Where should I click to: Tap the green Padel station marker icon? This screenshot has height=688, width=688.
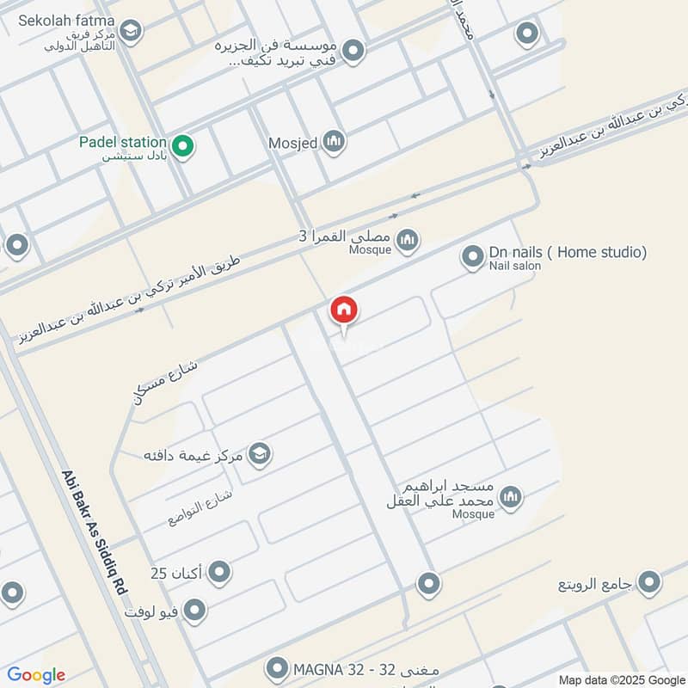181,146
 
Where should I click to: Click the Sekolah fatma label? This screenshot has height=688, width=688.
65,20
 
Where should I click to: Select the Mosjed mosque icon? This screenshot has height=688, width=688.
334,141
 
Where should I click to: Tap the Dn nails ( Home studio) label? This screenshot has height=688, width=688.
568,252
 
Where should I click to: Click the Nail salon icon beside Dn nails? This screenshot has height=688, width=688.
472,256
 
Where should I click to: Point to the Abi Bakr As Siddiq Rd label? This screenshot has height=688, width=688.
95,533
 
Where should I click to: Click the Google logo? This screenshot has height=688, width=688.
36,675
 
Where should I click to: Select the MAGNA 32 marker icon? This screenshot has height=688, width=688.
277,667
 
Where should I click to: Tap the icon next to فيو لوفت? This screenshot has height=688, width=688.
195,611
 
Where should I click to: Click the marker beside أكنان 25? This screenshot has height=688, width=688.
219,571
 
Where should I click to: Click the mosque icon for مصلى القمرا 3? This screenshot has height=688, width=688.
408,240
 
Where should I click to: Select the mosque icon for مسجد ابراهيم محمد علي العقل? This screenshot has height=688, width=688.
511,497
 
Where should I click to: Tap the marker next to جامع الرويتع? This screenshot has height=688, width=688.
649,581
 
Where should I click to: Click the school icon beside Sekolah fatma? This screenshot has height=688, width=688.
130,33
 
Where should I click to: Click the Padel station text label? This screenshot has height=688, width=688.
121,142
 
